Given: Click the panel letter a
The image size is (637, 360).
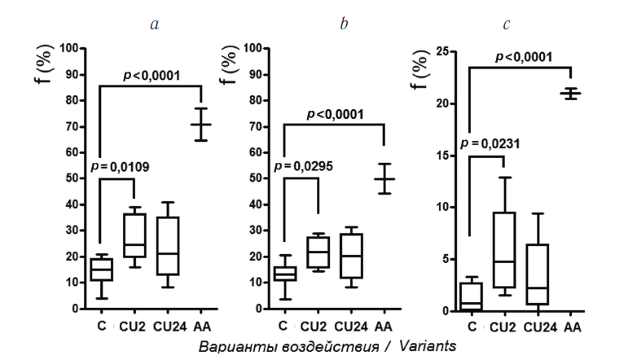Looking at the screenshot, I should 154,24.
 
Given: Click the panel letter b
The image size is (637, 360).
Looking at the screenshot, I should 344,24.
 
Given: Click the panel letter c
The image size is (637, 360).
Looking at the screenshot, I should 507,24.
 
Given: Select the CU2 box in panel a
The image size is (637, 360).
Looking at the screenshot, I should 134,235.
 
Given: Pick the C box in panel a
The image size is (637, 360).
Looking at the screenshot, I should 101,268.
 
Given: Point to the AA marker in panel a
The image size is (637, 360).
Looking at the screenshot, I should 201,125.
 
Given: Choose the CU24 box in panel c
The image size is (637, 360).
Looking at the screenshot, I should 538,274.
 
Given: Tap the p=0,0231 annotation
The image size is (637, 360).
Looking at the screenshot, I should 490,143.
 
